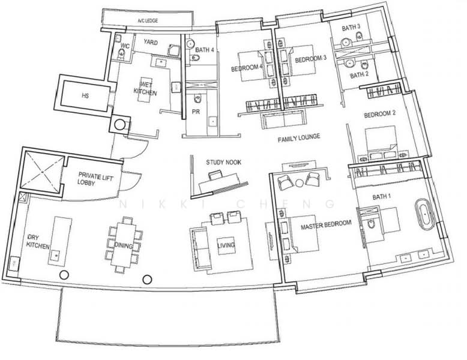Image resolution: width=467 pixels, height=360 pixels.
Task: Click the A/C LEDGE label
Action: coord(148,21)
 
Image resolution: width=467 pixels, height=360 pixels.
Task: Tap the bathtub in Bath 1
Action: coord(424,214)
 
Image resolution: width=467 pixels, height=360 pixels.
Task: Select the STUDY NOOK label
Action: coord(224,162)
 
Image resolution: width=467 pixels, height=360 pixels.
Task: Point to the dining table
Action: coord(123,244)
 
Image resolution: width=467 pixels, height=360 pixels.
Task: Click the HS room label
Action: coord(85,96)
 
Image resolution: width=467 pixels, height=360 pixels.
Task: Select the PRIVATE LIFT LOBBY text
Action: coord(95,178)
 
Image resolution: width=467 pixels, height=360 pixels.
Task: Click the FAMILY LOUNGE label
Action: coord(299,138)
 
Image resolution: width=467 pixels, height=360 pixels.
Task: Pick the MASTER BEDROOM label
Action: coord(326,225)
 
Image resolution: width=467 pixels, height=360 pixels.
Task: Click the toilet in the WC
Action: coord(121,54)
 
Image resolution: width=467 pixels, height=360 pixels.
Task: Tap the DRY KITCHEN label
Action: coord(38,242)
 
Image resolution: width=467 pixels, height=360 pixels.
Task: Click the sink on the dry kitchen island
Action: coord(56,255)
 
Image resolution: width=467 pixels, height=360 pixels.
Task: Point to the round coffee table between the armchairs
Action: coord(299,182)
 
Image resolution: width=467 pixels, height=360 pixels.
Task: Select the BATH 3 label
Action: coord(351,28)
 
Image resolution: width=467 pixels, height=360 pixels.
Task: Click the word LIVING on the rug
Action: coord(226,245)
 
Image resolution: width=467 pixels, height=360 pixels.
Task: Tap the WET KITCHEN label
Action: coord(145,88)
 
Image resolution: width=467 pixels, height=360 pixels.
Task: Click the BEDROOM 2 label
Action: coord(380,114)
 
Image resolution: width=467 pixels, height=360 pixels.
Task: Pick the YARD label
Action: coord(151,42)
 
